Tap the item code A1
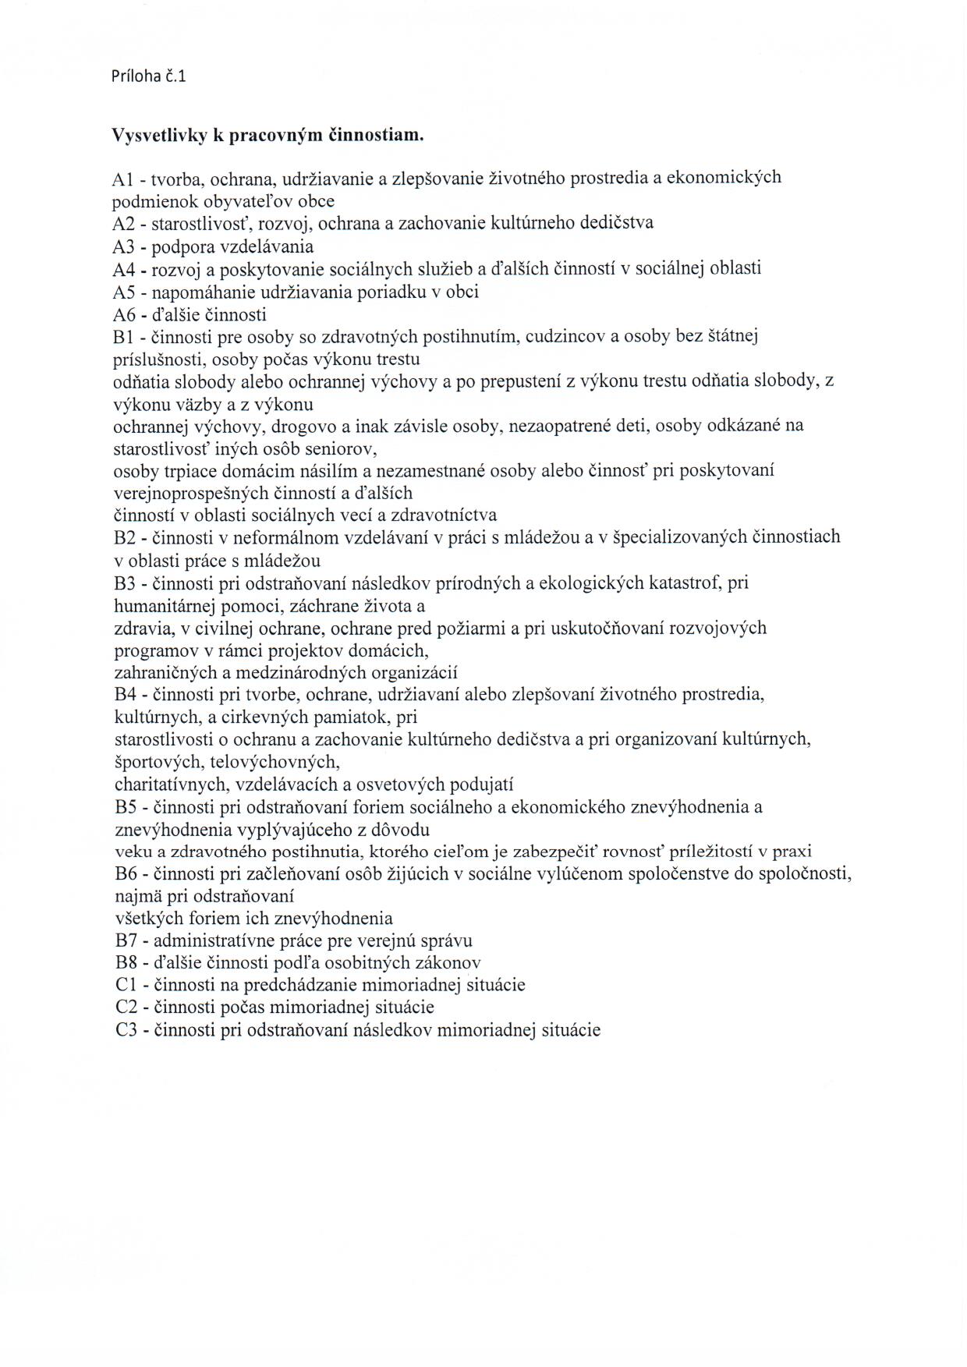tap(125, 179)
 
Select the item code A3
tap(125, 247)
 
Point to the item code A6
tap(125, 315)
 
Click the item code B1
tap(125, 337)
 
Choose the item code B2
tap(126, 537)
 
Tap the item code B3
tap(126, 583)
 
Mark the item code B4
tap(126, 694)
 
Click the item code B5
tap(126, 807)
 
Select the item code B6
tap(126, 874)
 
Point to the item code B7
tap(126, 941)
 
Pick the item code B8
tap(126, 963)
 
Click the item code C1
tap(126, 985)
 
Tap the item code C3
tap(126, 1030)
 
